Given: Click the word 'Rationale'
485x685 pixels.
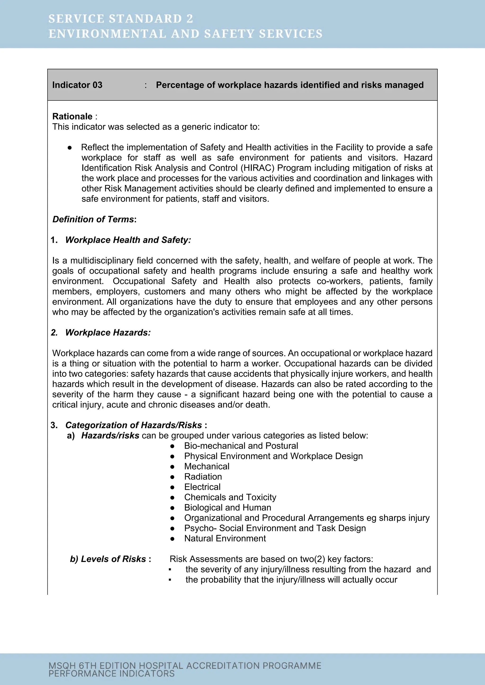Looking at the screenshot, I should [x=72, y=116].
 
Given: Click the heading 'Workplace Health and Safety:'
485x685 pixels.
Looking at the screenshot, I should [x=128, y=240].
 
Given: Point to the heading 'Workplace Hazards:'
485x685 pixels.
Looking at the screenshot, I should [x=108, y=333].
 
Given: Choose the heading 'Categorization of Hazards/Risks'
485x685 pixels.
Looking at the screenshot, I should [x=134, y=425].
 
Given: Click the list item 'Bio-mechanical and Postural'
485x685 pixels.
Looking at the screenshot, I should [x=241, y=446].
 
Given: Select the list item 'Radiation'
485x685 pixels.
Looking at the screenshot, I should [x=203, y=476].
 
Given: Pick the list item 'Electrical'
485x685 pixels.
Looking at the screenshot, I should [x=202, y=487].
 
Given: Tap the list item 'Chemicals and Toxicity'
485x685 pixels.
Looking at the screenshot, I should [x=230, y=497].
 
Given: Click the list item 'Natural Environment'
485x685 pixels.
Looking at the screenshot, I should [x=225, y=538].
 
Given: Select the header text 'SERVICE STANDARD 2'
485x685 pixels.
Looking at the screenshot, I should [x=121, y=19].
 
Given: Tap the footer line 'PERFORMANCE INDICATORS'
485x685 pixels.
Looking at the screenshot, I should [x=111, y=673].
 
